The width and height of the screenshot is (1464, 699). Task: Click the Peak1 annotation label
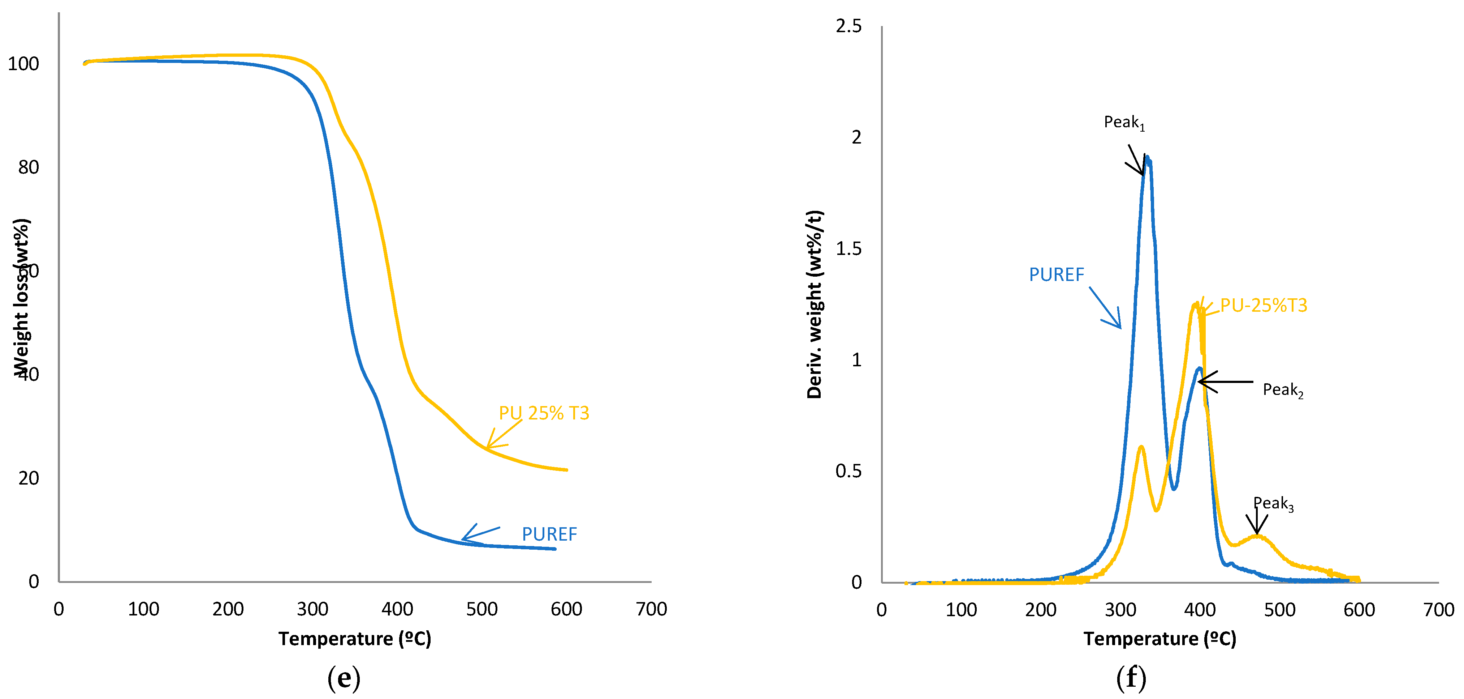(x=1124, y=122)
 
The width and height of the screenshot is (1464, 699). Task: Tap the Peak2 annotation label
(x=1283, y=390)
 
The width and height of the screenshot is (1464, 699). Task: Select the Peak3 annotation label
(x=1273, y=503)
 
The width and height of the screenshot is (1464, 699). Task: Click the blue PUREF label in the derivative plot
(x=1057, y=275)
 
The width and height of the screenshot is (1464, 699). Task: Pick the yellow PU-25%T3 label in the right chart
(x=1264, y=306)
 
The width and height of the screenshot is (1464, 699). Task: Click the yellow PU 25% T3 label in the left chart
(x=544, y=413)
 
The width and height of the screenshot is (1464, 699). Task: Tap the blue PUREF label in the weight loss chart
(x=549, y=534)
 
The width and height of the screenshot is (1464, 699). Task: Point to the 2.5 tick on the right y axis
(x=848, y=26)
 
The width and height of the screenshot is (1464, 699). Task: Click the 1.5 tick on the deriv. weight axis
(x=848, y=248)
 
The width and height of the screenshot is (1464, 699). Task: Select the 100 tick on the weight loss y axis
(x=23, y=64)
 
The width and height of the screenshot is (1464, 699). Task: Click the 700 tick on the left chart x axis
(x=651, y=609)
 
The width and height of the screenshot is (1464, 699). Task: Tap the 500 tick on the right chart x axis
(x=1279, y=610)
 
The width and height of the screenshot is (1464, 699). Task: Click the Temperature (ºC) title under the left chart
(x=355, y=639)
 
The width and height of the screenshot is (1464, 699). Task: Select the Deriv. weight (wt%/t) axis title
(x=815, y=304)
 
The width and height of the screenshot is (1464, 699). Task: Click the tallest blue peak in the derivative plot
(x=1147, y=158)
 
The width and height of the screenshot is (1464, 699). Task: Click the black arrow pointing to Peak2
(x=1225, y=382)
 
